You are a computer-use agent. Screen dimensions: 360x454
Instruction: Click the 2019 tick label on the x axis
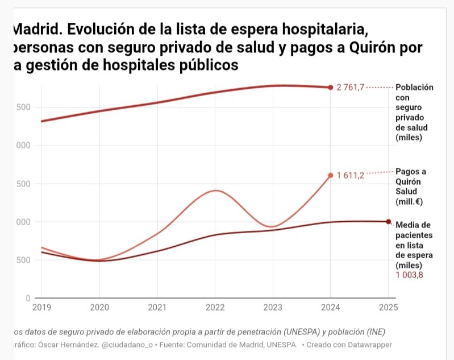point(41,308)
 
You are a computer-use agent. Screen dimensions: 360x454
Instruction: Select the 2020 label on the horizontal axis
point(99,308)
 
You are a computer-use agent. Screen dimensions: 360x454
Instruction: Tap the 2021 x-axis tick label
point(157,308)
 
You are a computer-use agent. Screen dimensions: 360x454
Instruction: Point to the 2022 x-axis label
point(215,308)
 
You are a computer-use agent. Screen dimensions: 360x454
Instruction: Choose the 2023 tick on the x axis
point(273,308)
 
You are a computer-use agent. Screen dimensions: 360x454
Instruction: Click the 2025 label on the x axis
point(387,308)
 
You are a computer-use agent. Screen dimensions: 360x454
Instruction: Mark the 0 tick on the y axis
point(27,298)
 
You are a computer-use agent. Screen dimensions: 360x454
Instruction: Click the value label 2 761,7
point(350,88)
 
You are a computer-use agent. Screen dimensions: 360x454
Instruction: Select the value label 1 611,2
point(350,175)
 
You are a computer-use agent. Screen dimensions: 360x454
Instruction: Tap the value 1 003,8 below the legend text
point(410,275)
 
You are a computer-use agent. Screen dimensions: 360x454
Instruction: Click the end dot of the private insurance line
point(331,87)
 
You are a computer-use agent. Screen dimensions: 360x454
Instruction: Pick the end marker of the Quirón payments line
point(331,175)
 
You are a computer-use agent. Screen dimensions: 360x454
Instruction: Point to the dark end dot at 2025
point(388,222)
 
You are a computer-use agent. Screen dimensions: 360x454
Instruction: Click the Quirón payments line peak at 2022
point(215,191)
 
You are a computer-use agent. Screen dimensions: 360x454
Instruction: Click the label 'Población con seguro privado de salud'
point(414,112)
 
